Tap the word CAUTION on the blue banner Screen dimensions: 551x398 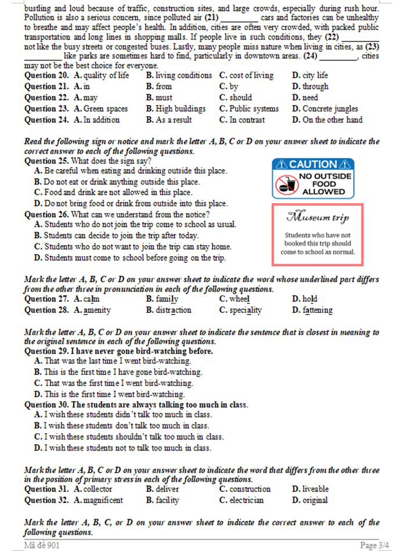[313, 164]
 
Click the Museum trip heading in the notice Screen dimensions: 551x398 [317, 218]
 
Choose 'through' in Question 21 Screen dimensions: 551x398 [314, 87]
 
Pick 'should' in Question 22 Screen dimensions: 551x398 [240, 98]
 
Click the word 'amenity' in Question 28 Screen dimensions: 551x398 [97, 310]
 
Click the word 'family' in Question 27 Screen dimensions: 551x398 [167, 299]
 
